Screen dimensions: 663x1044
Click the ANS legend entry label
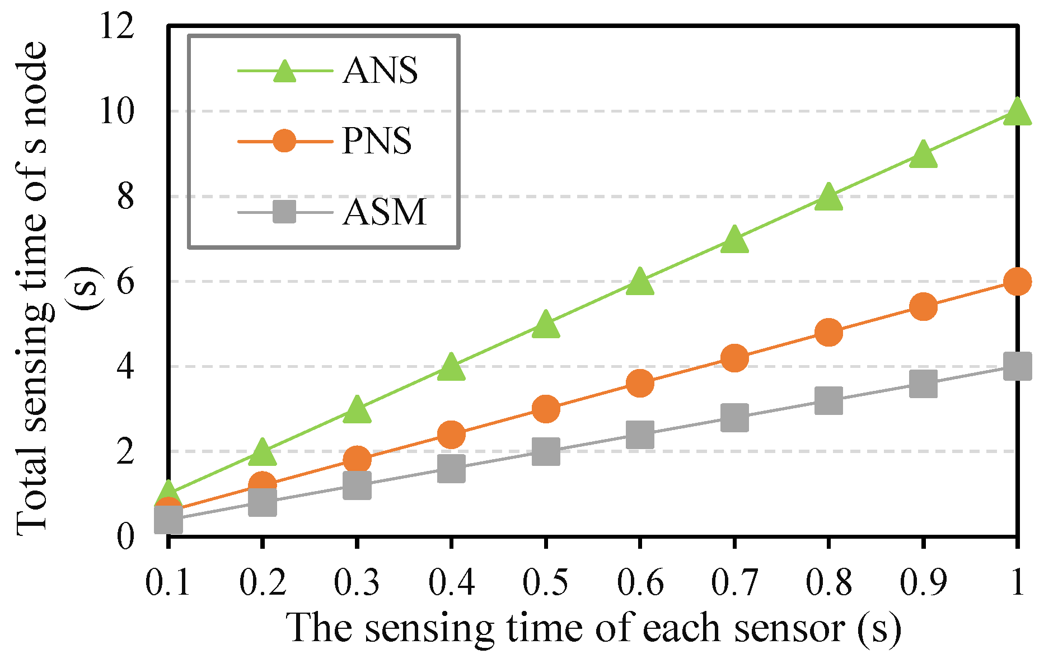(380, 71)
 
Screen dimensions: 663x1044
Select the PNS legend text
(377, 141)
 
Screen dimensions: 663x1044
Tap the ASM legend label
(385, 212)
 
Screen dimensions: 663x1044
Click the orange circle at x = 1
(1017, 281)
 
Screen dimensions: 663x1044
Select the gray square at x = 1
(1017, 366)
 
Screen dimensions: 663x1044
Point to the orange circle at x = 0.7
(734, 358)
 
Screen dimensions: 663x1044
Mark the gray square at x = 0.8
(828, 400)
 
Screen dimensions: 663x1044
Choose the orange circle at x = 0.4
(451, 434)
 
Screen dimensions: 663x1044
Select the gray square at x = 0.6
(640, 434)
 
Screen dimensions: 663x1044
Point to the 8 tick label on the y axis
(126, 197)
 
